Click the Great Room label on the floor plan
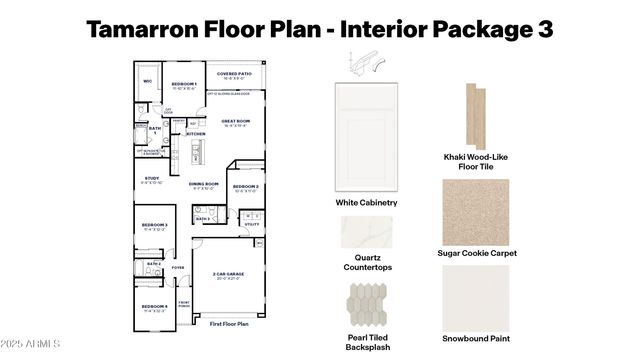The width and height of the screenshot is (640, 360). (236, 121)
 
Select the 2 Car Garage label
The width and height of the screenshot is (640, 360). (229, 273)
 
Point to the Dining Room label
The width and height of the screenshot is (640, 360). (203, 184)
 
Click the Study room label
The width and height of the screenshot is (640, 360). (151, 179)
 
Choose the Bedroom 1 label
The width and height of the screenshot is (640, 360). (183, 83)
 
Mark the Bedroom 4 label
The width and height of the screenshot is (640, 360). (153, 306)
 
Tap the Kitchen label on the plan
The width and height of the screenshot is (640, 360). (196, 133)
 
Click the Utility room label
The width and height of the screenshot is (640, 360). (250, 225)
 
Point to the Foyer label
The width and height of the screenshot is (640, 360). (178, 268)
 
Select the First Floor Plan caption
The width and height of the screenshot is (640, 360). (229, 325)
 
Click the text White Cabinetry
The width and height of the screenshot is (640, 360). (366, 203)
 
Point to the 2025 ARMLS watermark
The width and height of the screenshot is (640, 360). (31, 344)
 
